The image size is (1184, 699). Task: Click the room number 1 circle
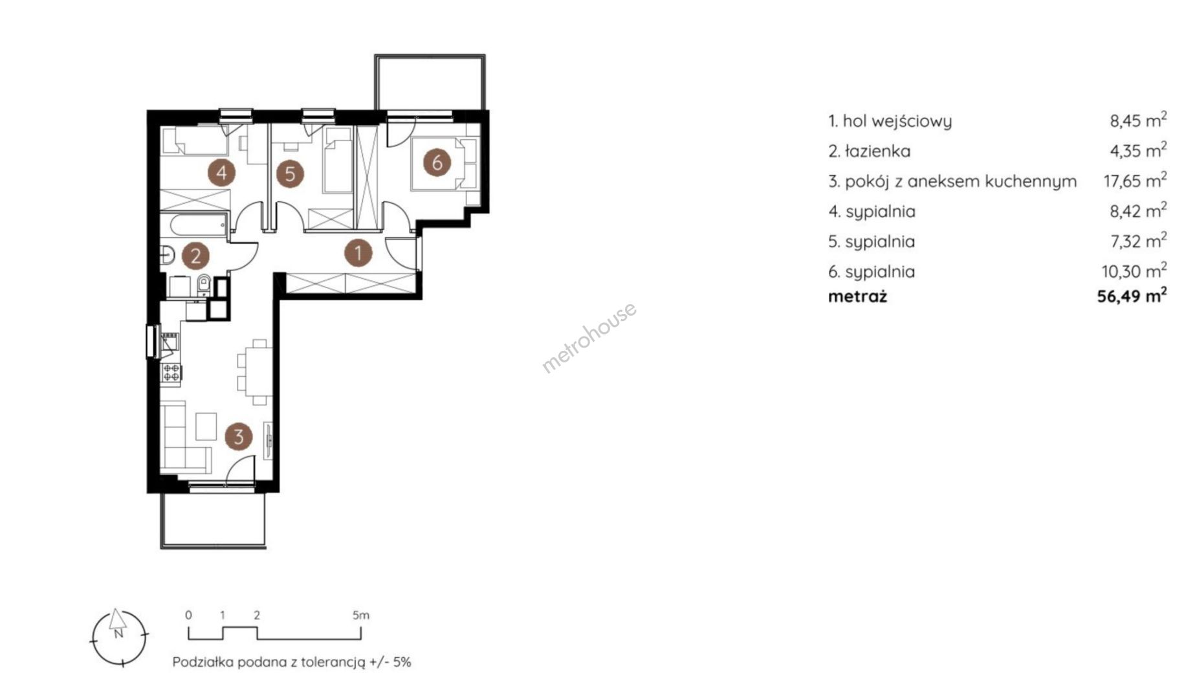click(358, 253)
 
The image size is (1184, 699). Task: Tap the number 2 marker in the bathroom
click(195, 256)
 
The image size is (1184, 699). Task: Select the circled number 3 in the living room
click(239, 437)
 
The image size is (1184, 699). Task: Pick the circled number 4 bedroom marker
click(222, 173)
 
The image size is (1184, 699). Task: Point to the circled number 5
click(290, 173)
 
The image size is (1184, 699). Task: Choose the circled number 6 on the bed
click(437, 162)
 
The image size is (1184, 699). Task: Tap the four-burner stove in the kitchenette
click(171, 372)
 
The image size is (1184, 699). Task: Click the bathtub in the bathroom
click(194, 225)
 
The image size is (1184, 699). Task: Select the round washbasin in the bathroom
click(167, 256)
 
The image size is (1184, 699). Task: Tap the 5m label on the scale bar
click(361, 615)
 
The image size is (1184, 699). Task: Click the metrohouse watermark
click(589, 338)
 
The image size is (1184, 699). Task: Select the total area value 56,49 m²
click(1132, 296)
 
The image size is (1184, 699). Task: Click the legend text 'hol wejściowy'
click(897, 121)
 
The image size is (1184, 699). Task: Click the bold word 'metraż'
click(858, 297)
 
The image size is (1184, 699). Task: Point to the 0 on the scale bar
click(188, 615)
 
